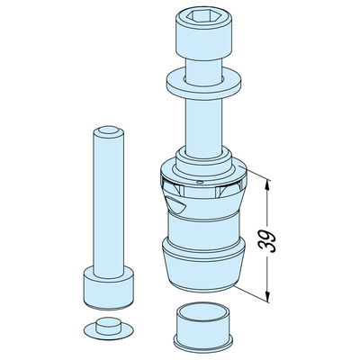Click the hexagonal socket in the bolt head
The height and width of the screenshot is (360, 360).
coord(203,15)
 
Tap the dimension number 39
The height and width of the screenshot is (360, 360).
coord(267,240)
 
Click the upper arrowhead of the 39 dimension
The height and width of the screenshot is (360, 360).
coord(268,184)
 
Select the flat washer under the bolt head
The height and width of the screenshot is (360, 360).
coord(203,83)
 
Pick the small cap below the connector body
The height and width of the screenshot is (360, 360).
coord(203,329)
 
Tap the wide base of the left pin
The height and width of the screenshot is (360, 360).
coord(108,288)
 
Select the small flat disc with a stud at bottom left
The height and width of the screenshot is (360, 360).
coord(108,328)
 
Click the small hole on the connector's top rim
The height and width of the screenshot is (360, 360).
coord(200,182)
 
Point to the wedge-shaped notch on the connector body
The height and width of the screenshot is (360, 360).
coord(175,204)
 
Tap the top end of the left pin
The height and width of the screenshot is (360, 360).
coord(109,131)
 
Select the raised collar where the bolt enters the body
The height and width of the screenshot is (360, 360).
coord(203,160)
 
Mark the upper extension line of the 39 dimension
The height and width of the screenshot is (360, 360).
coord(255,173)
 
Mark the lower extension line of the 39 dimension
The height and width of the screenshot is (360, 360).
coord(252,294)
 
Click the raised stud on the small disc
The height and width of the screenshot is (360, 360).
coord(109,326)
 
